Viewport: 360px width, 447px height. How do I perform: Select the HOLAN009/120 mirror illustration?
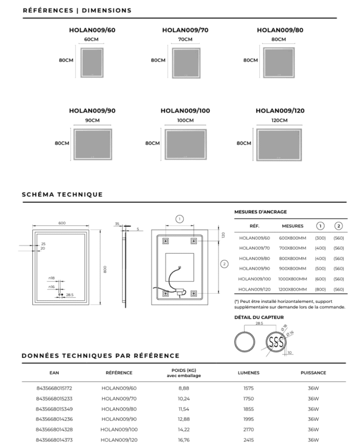click(x=279, y=145)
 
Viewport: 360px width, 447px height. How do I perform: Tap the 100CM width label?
click(x=185, y=120)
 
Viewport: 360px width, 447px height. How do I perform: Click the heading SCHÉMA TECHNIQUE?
click(x=62, y=194)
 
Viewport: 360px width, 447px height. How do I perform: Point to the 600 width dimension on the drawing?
click(x=62, y=223)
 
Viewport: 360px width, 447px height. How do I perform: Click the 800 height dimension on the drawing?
click(x=104, y=269)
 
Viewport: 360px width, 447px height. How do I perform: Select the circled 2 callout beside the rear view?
click(x=224, y=264)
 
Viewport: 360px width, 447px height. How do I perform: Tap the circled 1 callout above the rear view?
click(x=179, y=219)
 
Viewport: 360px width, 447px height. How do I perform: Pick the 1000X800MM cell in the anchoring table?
click(x=293, y=279)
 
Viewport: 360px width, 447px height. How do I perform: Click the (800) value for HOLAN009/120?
click(x=320, y=289)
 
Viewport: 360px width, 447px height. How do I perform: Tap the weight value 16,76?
click(x=184, y=440)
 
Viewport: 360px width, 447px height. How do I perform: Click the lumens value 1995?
click(x=248, y=419)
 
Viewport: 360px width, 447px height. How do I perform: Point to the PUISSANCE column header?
click(x=313, y=372)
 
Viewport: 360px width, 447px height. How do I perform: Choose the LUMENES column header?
click(x=248, y=372)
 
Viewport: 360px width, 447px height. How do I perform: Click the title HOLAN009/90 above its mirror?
click(x=92, y=111)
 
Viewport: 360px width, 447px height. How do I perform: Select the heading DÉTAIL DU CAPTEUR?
click(x=259, y=317)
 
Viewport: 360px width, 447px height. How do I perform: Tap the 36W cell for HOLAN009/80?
click(x=313, y=409)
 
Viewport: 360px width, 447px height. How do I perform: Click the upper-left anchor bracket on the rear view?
click(x=166, y=240)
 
